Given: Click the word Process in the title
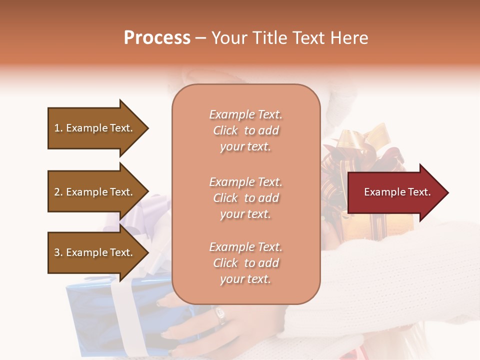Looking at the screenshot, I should tap(157, 38).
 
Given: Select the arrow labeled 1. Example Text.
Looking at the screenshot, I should tap(95, 128).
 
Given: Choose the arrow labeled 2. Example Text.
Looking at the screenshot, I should tap(95, 192).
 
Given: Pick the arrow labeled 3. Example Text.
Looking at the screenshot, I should tap(95, 252).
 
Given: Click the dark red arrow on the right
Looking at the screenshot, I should tap(395, 192).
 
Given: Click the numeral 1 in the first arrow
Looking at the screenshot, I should tap(56, 128).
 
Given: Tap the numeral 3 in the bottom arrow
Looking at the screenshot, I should tap(57, 252).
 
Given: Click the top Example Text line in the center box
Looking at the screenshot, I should tap(245, 114).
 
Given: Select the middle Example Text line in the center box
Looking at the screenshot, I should tap(245, 181).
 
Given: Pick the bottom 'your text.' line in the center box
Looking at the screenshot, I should tap(245, 279).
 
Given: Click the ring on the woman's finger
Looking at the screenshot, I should tap(220, 314).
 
